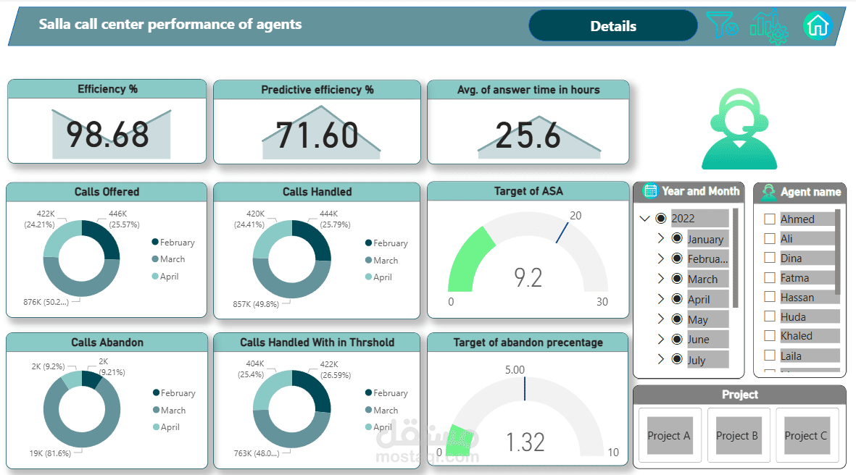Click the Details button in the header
(613, 26)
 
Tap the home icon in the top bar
(817, 26)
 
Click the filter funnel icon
(721, 25)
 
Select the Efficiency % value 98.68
(108, 135)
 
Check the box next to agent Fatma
(770, 278)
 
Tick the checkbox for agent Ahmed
(770, 219)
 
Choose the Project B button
(737, 435)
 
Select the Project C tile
(806, 435)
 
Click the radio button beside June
(677, 340)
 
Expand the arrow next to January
(660, 239)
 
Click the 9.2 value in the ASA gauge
(528, 277)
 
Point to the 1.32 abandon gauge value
(525, 442)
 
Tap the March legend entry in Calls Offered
(172, 259)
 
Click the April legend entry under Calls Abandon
(170, 427)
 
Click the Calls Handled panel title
(317, 192)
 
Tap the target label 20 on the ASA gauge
(575, 216)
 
